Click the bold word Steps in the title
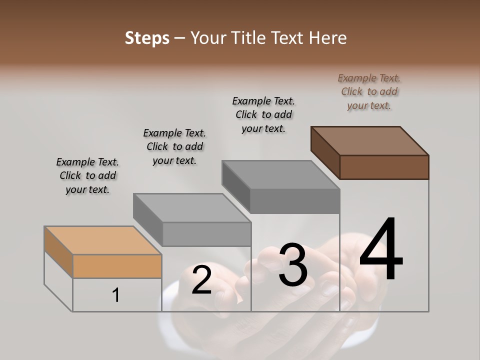[x=146, y=38]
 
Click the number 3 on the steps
[x=293, y=265]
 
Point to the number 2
[x=201, y=280]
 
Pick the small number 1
[x=115, y=295]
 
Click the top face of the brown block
[x=370, y=140]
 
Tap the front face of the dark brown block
[x=384, y=167]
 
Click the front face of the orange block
[x=117, y=266]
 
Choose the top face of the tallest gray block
[x=281, y=175]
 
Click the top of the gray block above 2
[x=192, y=207]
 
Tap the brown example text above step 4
[x=369, y=91]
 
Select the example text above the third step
[x=263, y=114]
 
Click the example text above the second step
[x=174, y=146]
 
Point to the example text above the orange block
[x=87, y=175]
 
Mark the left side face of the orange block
[x=58, y=251]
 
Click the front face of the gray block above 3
[x=294, y=201]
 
